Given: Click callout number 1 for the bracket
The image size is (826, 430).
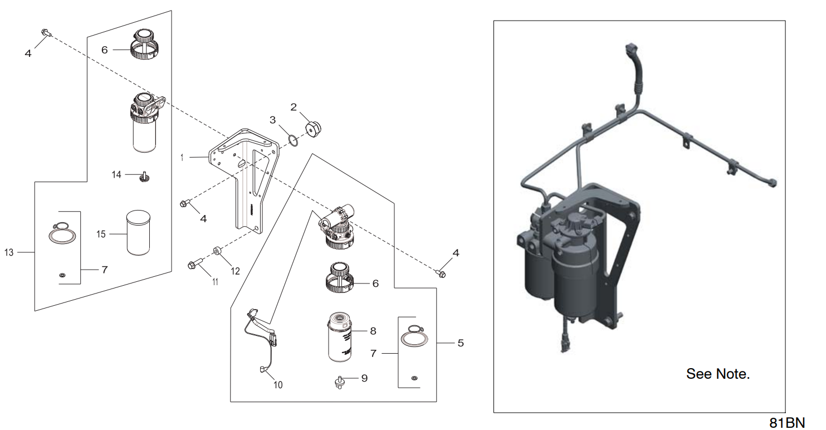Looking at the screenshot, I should [x=182, y=158].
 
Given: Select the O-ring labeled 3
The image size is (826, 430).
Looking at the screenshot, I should [x=294, y=140].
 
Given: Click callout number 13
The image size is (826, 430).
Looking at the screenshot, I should [x=8, y=252].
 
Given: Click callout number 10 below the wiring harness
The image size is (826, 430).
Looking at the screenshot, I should [x=277, y=384].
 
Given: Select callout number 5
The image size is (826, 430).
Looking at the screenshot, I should [x=460, y=343].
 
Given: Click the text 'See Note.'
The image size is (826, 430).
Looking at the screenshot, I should [x=718, y=374].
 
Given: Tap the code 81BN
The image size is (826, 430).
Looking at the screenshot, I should [x=787, y=422].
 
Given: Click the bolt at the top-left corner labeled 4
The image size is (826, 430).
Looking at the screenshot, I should [x=45, y=33].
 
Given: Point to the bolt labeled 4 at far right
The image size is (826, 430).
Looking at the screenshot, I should [x=442, y=273].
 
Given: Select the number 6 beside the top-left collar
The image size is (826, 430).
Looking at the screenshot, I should [x=104, y=50].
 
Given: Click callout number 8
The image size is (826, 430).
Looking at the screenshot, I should [x=373, y=331].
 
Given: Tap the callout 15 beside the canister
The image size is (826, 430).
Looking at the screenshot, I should [x=101, y=234].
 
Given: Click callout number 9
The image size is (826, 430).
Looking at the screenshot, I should [x=364, y=378].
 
